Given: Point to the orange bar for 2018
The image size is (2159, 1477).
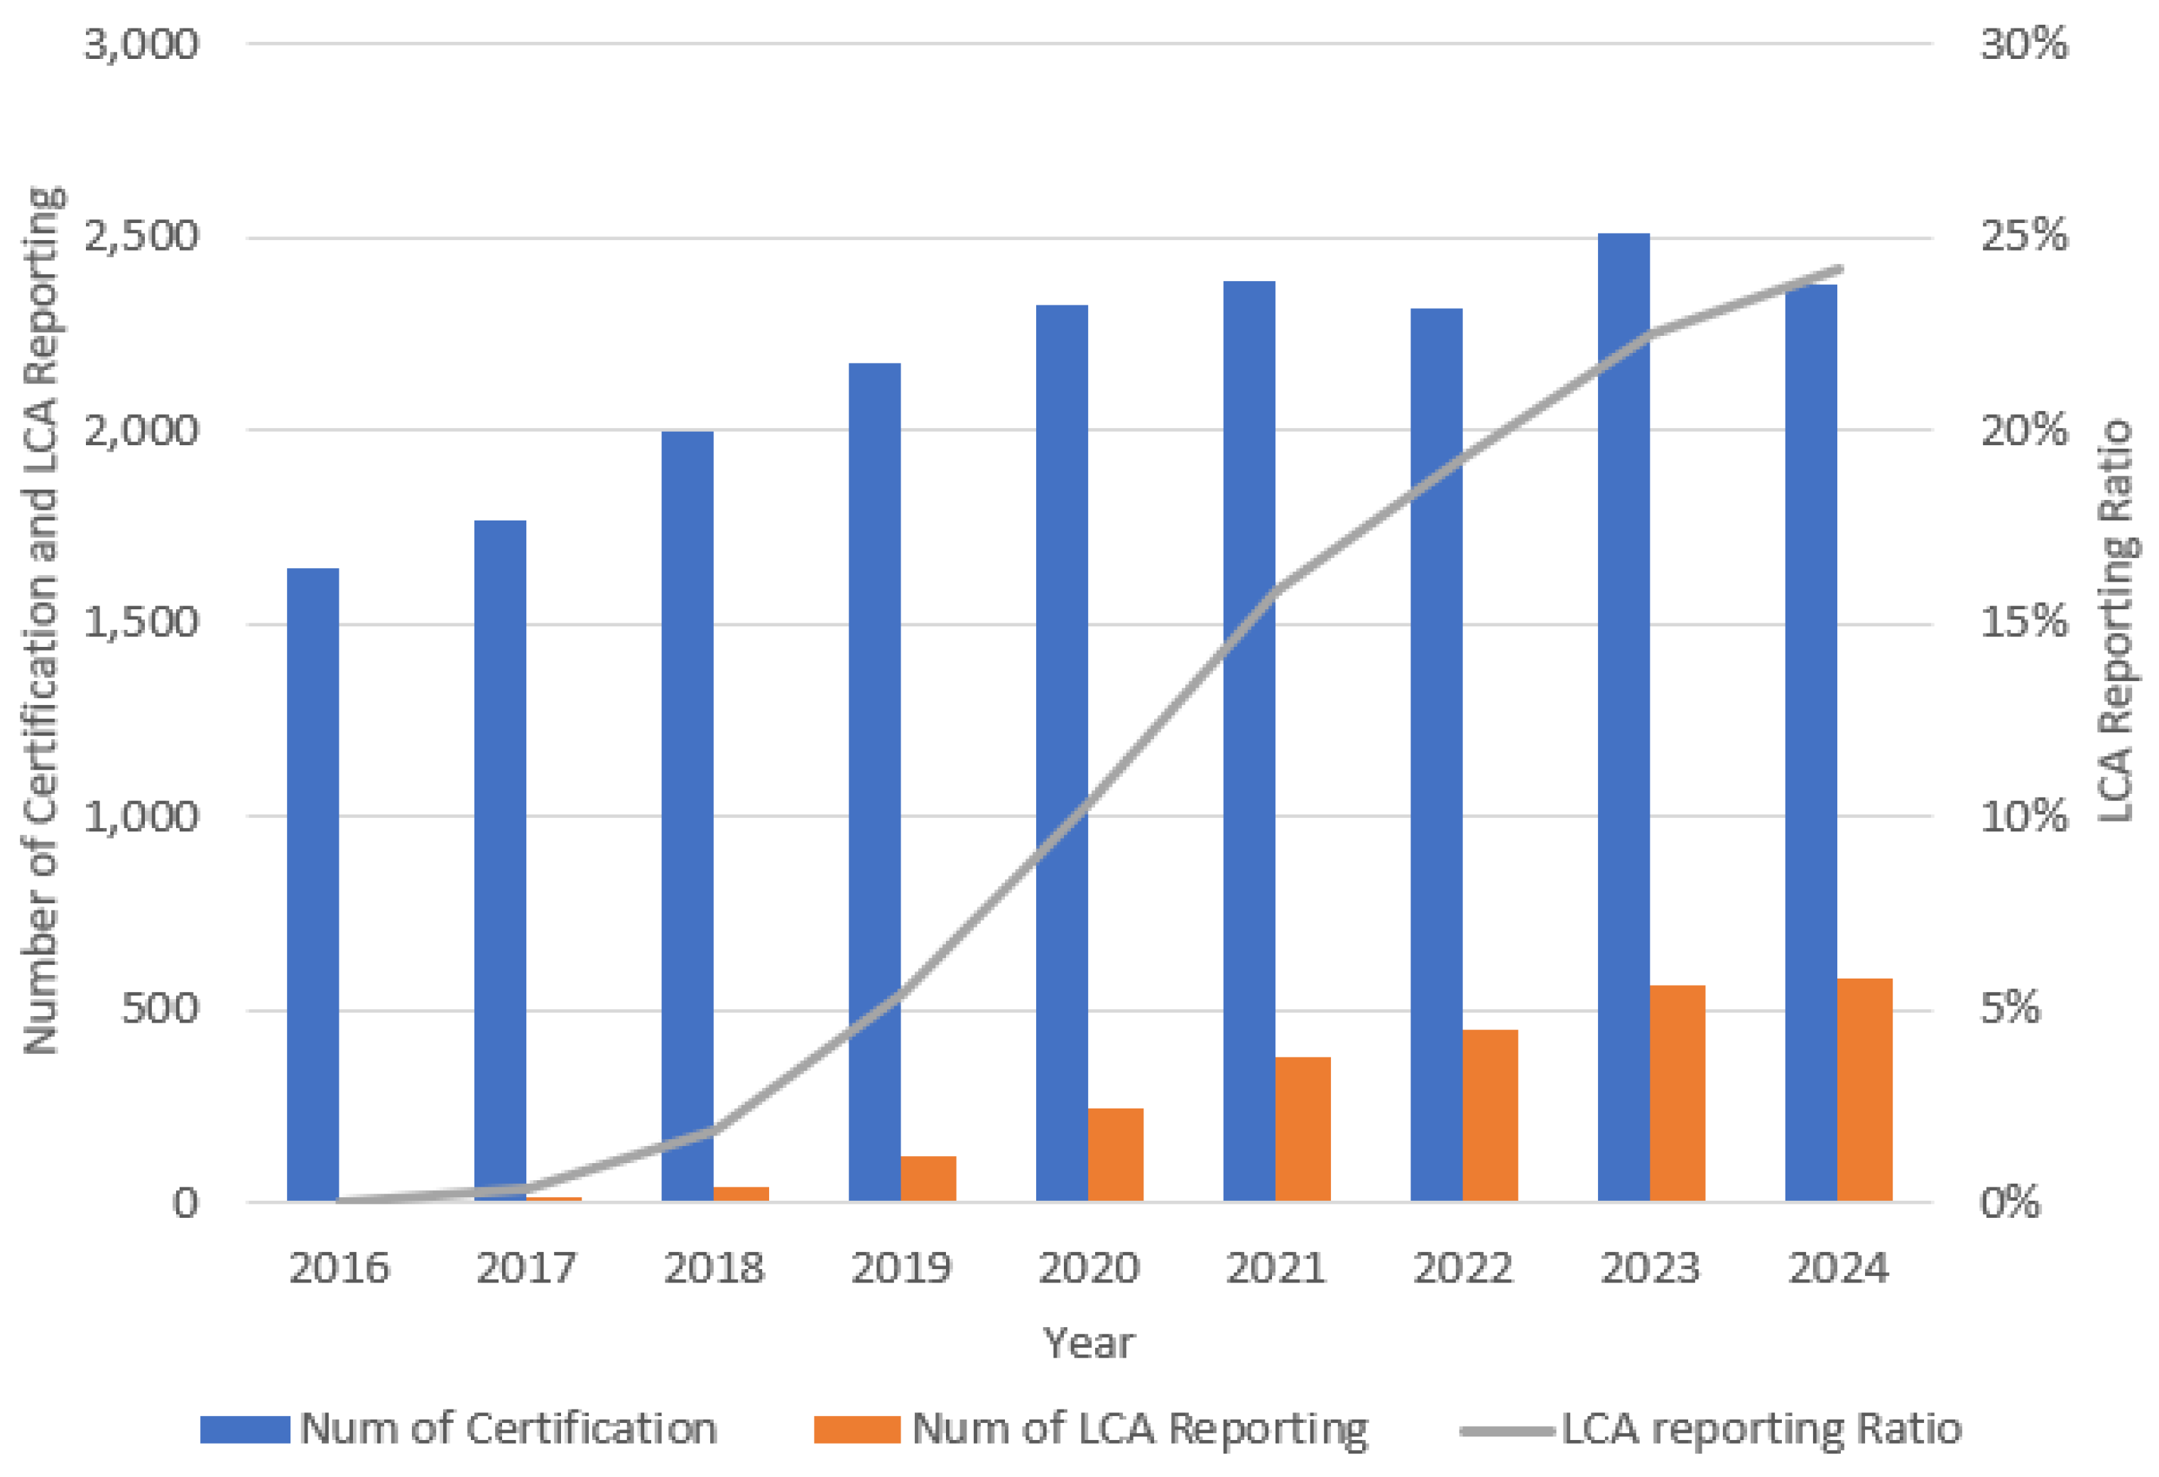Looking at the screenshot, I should [x=741, y=1194].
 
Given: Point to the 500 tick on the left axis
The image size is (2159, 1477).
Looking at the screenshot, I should [x=160, y=1009].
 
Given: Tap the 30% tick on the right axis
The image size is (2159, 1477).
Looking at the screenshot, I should [x=2023, y=43].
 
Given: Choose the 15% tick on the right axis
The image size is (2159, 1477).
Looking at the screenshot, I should [x=2023, y=622].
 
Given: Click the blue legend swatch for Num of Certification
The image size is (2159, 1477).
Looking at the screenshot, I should [x=245, y=1429].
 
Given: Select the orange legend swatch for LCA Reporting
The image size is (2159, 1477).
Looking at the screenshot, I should [x=856, y=1429].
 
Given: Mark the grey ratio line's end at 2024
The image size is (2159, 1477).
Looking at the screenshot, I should [x=1839, y=269].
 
